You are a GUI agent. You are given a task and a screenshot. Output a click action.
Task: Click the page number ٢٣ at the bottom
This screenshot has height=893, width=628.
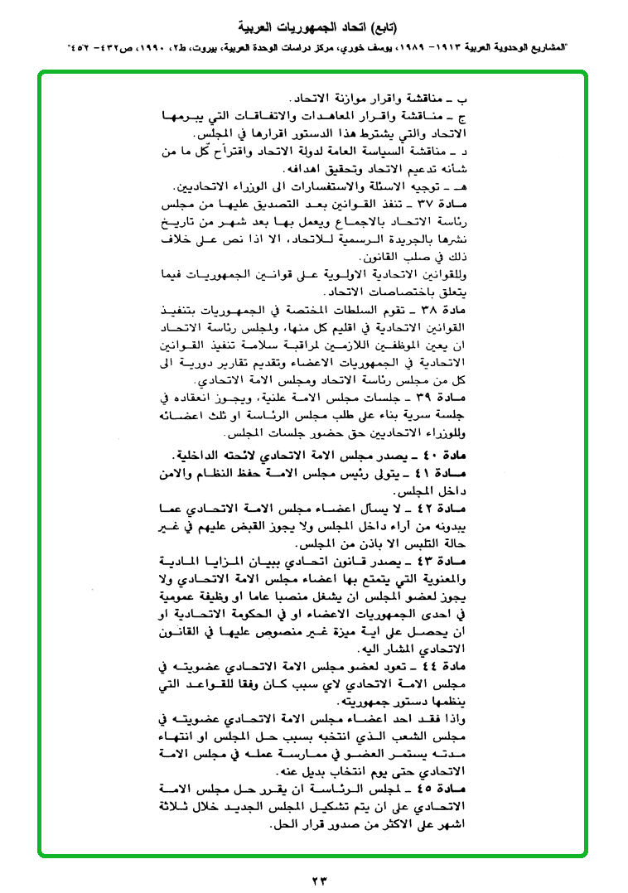click(314, 876)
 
